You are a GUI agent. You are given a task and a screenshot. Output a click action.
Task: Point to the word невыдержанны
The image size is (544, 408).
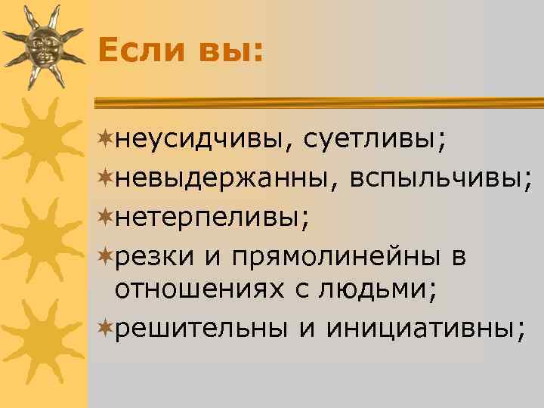(219, 180)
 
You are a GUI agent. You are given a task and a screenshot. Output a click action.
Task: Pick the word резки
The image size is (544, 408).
(156, 258)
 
